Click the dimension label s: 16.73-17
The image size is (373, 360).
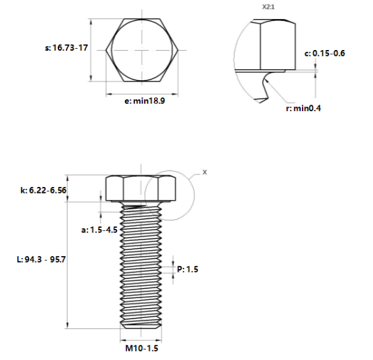pos(66,48)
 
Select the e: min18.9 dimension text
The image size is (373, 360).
pos(145,101)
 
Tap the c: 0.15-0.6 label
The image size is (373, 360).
pos(324,53)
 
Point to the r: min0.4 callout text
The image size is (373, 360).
pos(303,108)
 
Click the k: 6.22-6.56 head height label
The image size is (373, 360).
pos(43,190)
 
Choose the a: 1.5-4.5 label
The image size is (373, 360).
pos(99,230)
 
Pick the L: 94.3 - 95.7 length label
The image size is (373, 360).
pos(41,259)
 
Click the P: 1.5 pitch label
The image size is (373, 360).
pos(187,269)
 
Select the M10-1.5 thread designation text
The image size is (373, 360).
pos(142,348)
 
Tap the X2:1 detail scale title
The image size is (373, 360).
pos(268,7)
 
